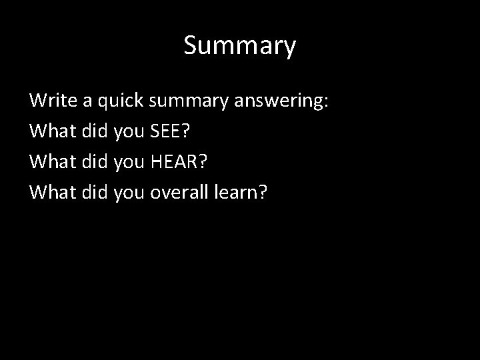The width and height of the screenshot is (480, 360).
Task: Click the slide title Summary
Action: (x=239, y=46)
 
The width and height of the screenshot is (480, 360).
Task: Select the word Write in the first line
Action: (x=51, y=101)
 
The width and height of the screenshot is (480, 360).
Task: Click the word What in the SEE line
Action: (x=52, y=131)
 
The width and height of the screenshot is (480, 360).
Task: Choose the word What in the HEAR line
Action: (x=52, y=162)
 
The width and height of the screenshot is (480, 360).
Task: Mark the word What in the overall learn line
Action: (x=52, y=192)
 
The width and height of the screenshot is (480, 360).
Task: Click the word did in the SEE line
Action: (x=95, y=131)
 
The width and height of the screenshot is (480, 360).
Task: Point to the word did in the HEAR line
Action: (x=95, y=162)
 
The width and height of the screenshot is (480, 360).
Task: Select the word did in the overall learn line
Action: (x=95, y=192)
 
